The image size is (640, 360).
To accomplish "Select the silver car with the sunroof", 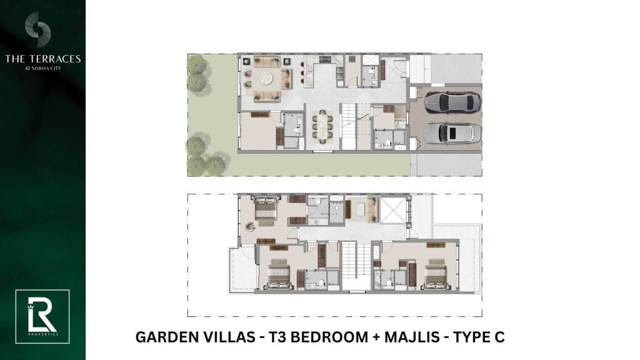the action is click(x=452, y=132).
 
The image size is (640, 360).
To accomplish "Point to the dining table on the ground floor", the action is click(x=322, y=126).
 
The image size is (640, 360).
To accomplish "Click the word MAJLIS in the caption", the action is click(x=412, y=337).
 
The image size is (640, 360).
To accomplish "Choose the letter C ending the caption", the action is click(x=499, y=337).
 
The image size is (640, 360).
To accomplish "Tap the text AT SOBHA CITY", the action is click(x=43, y=68).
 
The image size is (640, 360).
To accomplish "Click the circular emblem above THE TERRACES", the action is click(x=37, y=29).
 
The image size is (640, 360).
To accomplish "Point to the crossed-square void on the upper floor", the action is click(x=394, y=210).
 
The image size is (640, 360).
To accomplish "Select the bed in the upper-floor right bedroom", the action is click(x=436, y=274).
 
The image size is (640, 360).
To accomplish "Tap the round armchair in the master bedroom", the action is click(x=249, y=226).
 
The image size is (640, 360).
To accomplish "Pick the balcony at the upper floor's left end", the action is click(x=242, y=270).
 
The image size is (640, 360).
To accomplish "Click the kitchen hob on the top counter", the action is click(x=325, y=59).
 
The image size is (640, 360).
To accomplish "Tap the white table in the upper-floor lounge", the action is click(x=361, y=209).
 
